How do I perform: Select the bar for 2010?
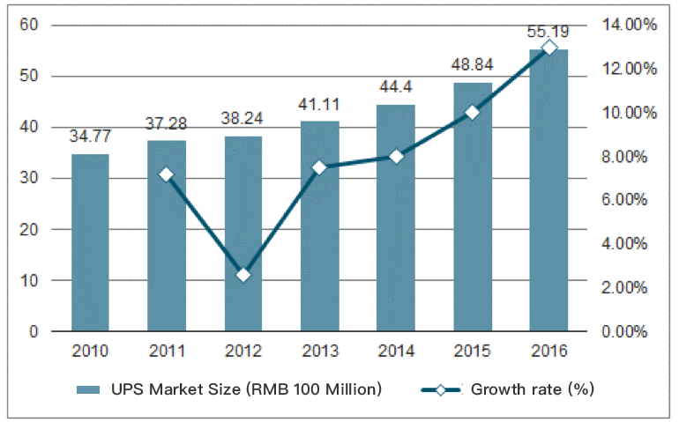[x=90, y=242]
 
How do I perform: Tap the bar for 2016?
[x=548, y=190]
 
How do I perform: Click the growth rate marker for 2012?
[x=243, y=275]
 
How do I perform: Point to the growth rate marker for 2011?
[x=167, y=174]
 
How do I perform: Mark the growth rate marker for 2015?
[x=472, y=112]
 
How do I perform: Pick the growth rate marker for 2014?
[x=396, y=156]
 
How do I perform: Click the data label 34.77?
[x=90, y=137]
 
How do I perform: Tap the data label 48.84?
[x=472, y=65]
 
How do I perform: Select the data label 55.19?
[x=548, y=33]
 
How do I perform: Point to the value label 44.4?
[x=396, y=88]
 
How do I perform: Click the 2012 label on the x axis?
[x=243, y=351]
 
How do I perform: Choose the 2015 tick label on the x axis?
[x=472, y=351]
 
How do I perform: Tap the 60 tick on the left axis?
[x=30, y=25]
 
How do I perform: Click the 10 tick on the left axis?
[x=30, y=281]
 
